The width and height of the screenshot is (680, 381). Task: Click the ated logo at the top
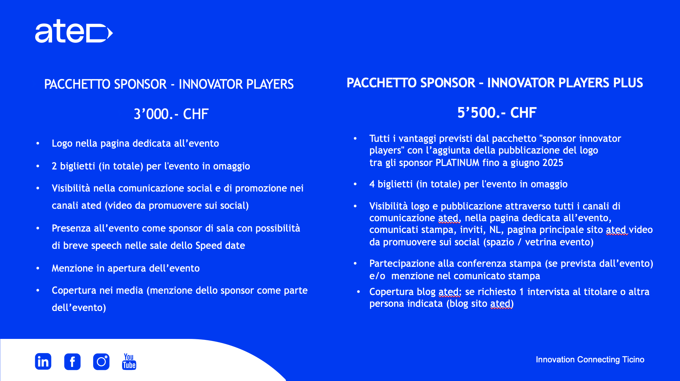click(74, 31)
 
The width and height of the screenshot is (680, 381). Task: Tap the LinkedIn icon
click(43, 361)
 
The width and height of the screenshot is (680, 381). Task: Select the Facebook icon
click(72, 362)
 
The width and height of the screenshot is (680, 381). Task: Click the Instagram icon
click(101, 362)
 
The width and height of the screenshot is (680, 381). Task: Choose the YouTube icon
click(129, 361)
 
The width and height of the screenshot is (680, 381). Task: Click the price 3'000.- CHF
click(171, 114)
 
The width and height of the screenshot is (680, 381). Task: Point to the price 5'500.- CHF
click(497, 113)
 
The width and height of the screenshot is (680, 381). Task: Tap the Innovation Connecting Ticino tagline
click(590, 360)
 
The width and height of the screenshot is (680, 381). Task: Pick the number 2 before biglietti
click(54, 166)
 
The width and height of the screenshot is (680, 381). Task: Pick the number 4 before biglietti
click(372, 184)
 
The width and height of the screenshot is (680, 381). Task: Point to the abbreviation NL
click(495, 230)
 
